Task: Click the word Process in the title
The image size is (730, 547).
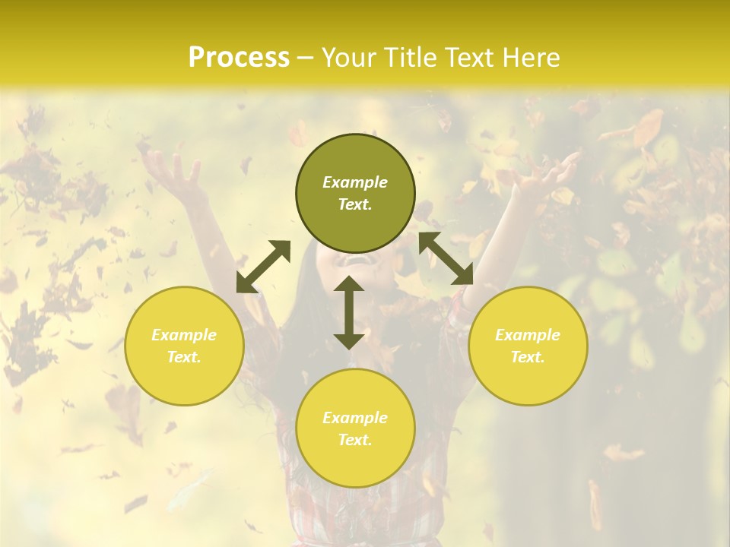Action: (x=238, y=58)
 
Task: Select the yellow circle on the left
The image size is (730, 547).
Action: (x=184, y=346)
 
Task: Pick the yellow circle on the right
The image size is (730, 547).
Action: (x=528, y=346)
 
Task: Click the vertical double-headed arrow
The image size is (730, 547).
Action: (x=349, y=312)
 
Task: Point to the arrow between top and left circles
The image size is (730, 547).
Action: (x=263, y=266)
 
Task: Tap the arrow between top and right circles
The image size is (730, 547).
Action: (x=446, y=258)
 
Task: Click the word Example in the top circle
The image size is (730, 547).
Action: (x=355, y=182)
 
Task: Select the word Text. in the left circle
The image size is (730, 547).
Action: (x=184, y=357)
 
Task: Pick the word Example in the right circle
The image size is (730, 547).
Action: (x=528, y=335)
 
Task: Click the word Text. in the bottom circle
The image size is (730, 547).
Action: (x=355, y=440)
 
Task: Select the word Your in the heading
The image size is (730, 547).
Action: (x=350, y=58)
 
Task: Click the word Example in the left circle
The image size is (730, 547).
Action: (x=184, y=335)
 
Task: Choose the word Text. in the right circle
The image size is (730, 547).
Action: (x=528, y=357)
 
